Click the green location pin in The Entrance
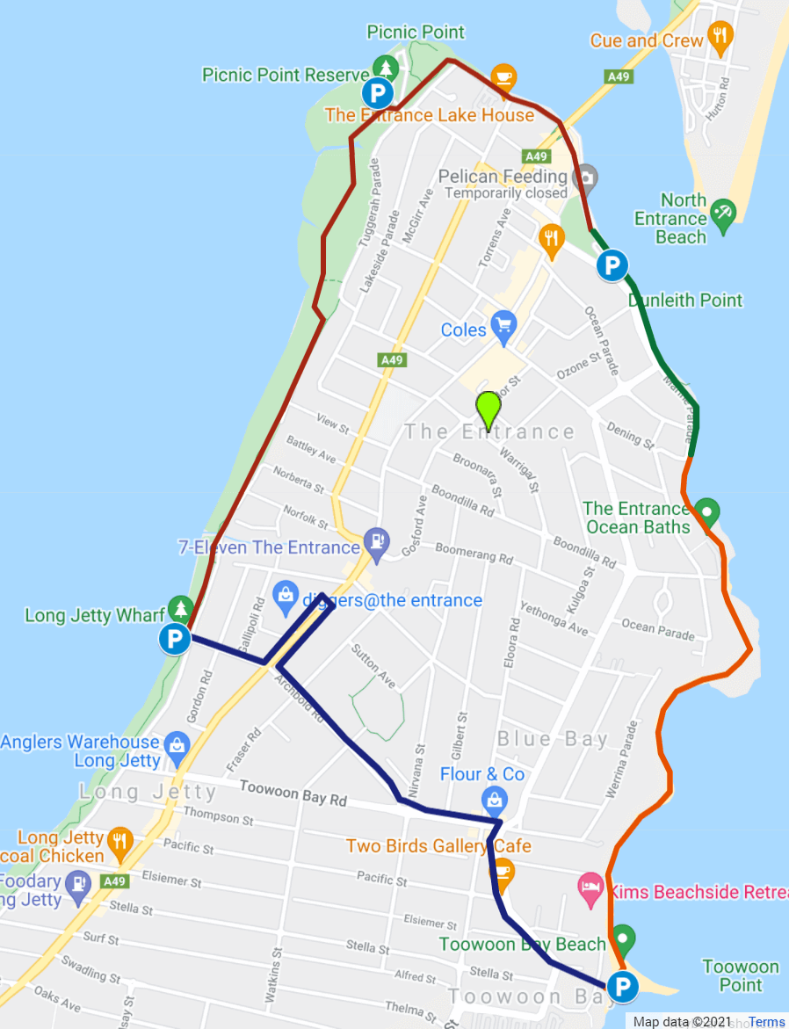coord(488,409)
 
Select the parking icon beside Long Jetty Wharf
coord(175,639)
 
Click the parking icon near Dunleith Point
coord(612,264)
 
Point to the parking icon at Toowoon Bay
coord(624,988)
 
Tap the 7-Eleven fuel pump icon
coord(377,547)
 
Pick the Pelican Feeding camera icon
coord(583,177)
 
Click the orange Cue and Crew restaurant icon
coord(720,37)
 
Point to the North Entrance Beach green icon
coord(723,211)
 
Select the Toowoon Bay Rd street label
coord(293,793)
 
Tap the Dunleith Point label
coord(685,301)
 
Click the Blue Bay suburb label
coord(553,739)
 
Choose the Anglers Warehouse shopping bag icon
coord(177,745)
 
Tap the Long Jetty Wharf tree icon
coord(181,607)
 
